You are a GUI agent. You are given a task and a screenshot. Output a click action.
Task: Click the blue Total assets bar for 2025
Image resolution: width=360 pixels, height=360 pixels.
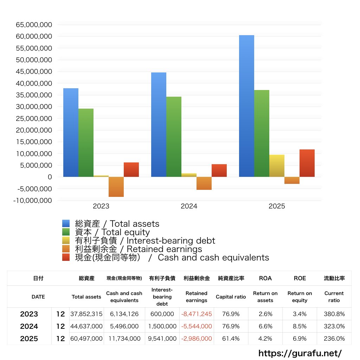tap(246, 105)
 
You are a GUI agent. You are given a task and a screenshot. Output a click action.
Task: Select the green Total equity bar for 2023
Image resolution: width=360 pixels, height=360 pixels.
tap(86, 142)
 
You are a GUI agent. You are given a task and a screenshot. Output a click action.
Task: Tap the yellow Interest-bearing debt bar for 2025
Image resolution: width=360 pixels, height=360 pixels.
tap(277, 166)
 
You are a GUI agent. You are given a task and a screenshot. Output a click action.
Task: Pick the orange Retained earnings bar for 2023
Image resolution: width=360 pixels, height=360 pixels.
tap(116, 187)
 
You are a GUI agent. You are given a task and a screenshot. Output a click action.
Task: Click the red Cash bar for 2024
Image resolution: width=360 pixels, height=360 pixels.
tap(219, 171)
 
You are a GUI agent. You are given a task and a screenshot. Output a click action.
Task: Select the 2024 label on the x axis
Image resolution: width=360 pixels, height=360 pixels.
tap(189, 206)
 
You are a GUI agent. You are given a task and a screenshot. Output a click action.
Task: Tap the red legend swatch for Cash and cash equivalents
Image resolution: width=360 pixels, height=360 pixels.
tap(66, 257)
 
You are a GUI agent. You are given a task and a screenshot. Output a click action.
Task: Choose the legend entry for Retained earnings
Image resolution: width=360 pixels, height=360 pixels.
tap(138, 249)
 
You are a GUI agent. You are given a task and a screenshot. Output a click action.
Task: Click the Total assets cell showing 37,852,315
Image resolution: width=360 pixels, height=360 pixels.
tap(87, 314)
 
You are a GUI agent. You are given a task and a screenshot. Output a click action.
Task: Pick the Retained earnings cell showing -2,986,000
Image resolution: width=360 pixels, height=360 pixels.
tap(197, 339)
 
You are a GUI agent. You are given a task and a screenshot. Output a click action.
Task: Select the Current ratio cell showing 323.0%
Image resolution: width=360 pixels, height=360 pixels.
tap(334, 326)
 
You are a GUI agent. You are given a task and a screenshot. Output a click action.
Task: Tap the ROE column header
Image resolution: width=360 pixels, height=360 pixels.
tap(300, 278)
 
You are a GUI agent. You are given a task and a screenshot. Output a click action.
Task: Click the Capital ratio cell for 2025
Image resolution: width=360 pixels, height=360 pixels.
tap(231, 339)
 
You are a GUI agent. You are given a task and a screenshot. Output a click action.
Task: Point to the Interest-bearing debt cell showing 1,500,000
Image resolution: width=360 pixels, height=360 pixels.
tap(162, 326)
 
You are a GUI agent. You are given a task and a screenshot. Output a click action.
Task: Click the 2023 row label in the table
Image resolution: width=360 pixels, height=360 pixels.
tap(29, 314)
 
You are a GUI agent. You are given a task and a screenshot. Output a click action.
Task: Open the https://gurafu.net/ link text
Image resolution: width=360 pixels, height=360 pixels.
tap(300, 353)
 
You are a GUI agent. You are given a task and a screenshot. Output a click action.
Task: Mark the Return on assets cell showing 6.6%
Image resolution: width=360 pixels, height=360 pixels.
tap(265, 326)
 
